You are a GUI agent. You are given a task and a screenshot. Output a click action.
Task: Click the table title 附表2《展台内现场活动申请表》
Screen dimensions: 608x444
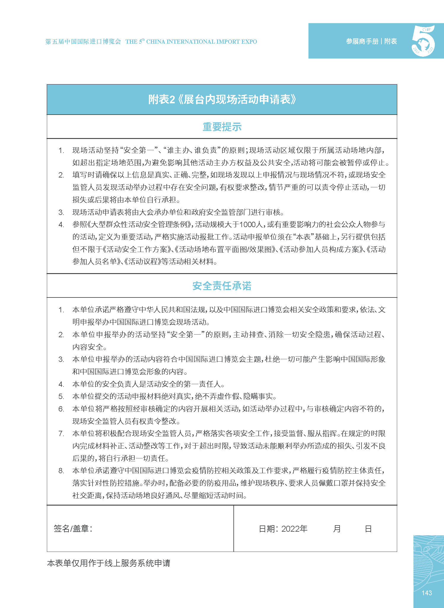(x=222, y=100)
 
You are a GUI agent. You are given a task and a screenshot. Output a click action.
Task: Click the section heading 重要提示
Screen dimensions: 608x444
(x=222, y=127)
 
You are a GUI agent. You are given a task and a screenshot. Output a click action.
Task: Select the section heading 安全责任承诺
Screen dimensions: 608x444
(x=222, y=286)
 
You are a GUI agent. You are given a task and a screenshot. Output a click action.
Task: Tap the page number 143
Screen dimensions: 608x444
(x=427, y=593)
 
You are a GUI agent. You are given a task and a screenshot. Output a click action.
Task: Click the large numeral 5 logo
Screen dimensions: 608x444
(x=424, y=41)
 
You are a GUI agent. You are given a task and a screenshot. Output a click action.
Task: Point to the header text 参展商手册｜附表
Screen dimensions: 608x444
(x=371, y=41)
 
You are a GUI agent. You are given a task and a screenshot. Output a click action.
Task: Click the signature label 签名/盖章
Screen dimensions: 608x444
(x=73, y=528)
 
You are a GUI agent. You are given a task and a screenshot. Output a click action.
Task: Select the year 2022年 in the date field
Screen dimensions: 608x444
(x=294, y=529)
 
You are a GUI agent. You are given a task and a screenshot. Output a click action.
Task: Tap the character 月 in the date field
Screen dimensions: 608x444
(x=337, y=529)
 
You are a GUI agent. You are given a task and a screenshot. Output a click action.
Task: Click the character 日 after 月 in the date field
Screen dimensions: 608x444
(x=368, y=529)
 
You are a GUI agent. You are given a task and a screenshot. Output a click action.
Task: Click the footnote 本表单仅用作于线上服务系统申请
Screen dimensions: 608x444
(x=109, y=563)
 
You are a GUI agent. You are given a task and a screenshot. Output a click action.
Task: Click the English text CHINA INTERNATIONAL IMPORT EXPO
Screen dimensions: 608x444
(x=202, y=42)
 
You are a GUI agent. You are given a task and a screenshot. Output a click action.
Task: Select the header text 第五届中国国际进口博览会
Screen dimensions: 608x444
(x=83, y=42)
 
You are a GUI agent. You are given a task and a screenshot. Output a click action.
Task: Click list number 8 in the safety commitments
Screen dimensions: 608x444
(x=61, y=471)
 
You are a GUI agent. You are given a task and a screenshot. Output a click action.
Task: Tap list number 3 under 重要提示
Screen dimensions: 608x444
(x=61, y=212)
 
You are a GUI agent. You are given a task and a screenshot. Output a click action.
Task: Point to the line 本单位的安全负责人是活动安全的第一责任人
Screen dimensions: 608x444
(x=148, y=384)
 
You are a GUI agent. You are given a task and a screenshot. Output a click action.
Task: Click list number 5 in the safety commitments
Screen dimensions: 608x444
(x=61, y=397)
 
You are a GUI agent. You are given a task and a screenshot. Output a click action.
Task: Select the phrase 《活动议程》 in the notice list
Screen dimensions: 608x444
(x=142, y=262)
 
